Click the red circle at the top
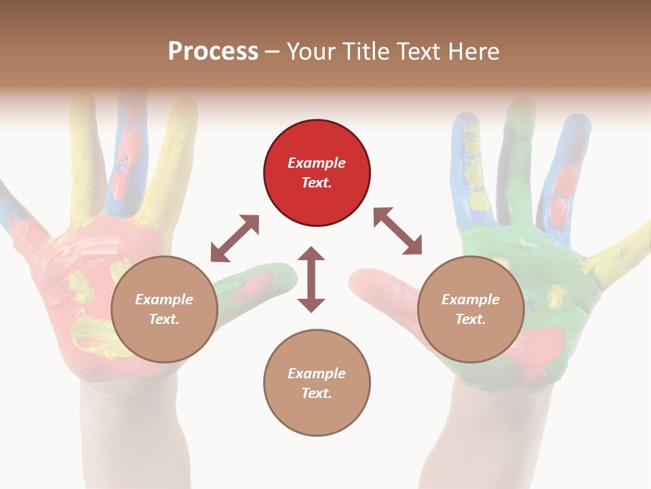(317, 173)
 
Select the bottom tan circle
(317, 383)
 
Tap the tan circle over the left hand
(164, 309)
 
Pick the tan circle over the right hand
(471, 309)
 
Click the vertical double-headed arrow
(311, 279)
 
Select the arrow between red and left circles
(235, 238)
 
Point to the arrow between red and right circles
(397, 231)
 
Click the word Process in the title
(213, 51)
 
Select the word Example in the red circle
(317, 163)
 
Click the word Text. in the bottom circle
(317, 393)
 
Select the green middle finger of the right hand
(519, 156)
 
